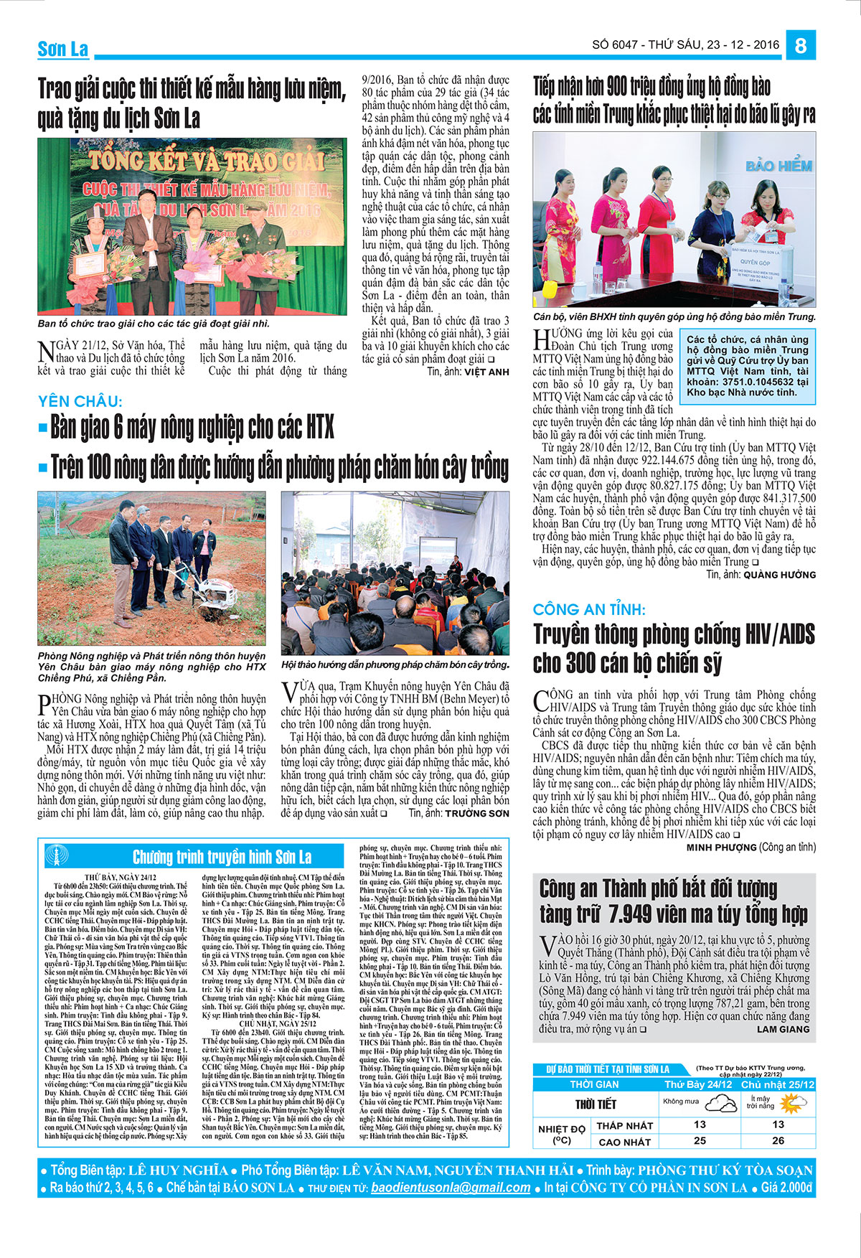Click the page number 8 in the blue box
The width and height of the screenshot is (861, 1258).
pos(801,45)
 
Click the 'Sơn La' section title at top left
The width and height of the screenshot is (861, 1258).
pos(63,49)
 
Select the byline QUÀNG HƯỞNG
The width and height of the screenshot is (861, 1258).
pos(780,575)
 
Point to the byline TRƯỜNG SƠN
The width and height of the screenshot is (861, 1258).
pos(477,813)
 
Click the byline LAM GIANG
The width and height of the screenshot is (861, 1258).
pos(783,1029)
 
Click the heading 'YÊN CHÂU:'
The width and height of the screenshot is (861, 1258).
pos(80,402)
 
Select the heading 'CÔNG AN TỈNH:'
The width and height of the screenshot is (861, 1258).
pos(589,610)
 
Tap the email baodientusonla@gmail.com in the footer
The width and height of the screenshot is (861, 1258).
pos(451,1188)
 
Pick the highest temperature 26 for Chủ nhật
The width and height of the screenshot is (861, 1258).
pos(778,1140)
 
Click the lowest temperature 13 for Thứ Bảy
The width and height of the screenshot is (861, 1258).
pos(700,1125)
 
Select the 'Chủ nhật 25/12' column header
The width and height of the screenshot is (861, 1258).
pos(778,1084)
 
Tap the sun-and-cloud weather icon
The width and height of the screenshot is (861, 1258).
pos(794,1103)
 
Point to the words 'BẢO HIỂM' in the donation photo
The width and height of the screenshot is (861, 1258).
pos(778,166)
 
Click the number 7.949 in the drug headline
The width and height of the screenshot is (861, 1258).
pos(641,914)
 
